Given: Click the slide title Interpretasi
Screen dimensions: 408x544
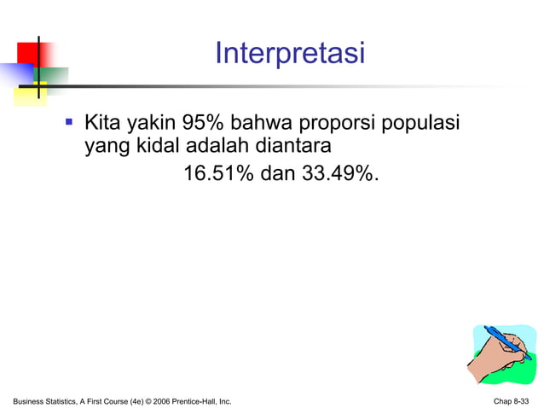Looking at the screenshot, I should point(289,54).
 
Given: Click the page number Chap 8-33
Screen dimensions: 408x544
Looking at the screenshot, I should point(510,400).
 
